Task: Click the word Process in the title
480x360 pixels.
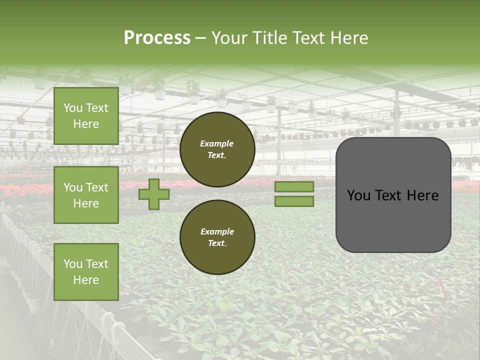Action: click(157, 38)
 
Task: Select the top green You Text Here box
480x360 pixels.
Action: click(86, 116)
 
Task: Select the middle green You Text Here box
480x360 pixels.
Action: click(86, 195)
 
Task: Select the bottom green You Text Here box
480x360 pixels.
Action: click(86, 272)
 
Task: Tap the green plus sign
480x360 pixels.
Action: click(154, 194)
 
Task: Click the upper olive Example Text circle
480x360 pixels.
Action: click(217, 149)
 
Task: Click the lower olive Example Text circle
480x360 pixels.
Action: click(217, 237)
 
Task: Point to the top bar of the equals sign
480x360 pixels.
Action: click(294, 186)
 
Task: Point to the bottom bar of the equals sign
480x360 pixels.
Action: click(294, 201)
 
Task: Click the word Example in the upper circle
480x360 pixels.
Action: click(217, 143)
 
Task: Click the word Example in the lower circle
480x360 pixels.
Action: click(217, 231)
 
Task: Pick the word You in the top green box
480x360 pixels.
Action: click(73, 108)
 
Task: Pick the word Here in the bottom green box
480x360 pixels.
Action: click(86, 280)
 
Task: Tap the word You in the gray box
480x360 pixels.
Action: click(358, 195)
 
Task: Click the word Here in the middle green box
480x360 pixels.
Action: click(86, 203)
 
